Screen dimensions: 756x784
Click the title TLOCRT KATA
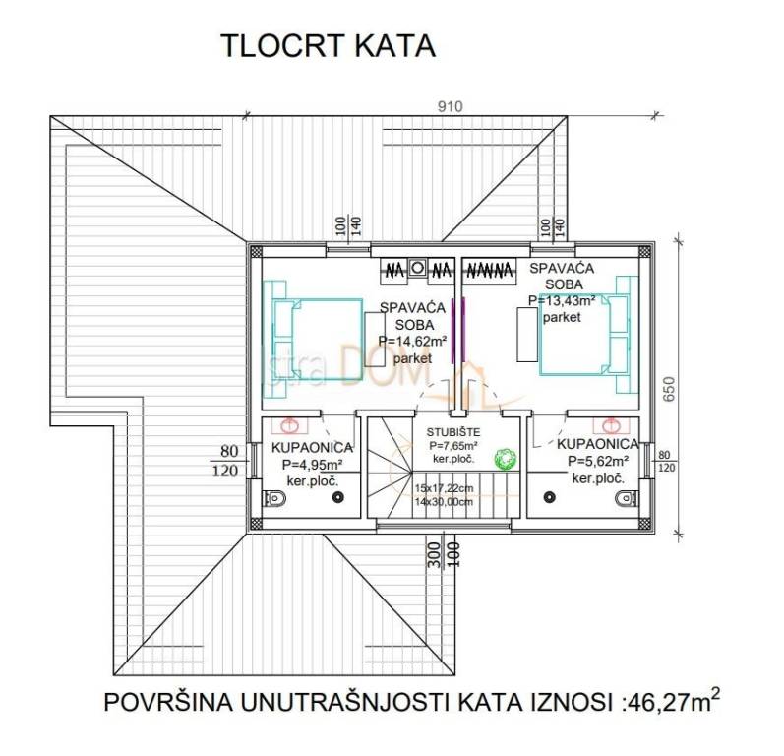tap(328, 46)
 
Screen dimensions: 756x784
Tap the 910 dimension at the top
tap(449, 106)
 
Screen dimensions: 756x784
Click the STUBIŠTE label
tap(452, 432)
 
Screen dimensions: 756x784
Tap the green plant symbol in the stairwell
tap(506, 459)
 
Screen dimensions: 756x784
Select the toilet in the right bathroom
tap(623, 499)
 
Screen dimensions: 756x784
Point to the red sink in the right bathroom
tap(611, 425)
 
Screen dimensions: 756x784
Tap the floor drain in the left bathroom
tap(337, 497)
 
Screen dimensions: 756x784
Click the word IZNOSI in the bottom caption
tap(575, 702)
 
